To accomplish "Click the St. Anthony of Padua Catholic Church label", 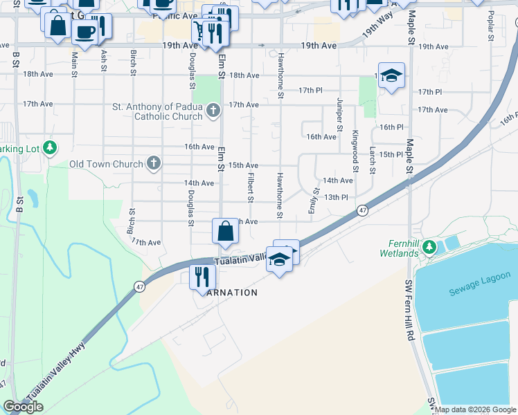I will [158, 111].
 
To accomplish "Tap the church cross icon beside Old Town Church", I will [154, 164].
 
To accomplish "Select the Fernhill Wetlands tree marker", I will [429, 247].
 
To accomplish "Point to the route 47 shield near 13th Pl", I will [362, 210].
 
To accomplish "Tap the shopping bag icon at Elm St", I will [226, 232].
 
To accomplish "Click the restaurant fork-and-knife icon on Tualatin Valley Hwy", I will [202, 277].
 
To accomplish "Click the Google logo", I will [24, 407].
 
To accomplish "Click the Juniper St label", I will [339, 114].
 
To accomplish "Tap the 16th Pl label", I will [392, 127].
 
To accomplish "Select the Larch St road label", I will [373, 160].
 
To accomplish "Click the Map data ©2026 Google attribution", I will [476, 409].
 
